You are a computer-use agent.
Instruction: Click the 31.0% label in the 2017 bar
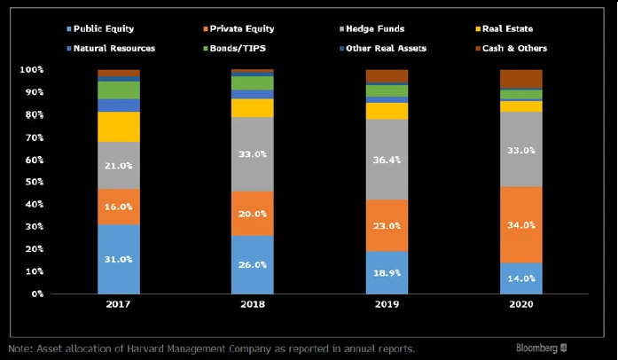(119, 259)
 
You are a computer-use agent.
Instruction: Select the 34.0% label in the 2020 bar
(521, 225)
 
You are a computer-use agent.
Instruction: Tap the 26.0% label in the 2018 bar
(253, 264)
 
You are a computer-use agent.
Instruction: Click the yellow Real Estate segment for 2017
(119, 127)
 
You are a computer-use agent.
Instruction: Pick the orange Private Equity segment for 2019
(387, 225)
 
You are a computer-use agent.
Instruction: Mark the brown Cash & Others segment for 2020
(521, 79)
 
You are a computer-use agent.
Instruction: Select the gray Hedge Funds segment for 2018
(253, 154)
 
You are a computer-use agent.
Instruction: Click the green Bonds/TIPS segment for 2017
(119, 90)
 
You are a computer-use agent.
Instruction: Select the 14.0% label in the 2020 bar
(521, 278)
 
